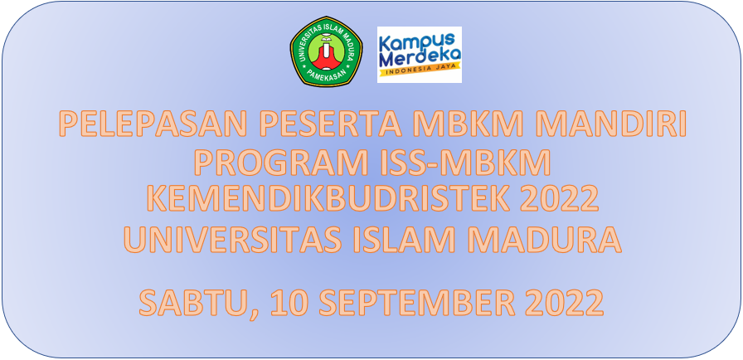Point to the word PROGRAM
click(279, 163)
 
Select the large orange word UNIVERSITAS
click(232, 240)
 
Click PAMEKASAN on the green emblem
click(326, 75)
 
